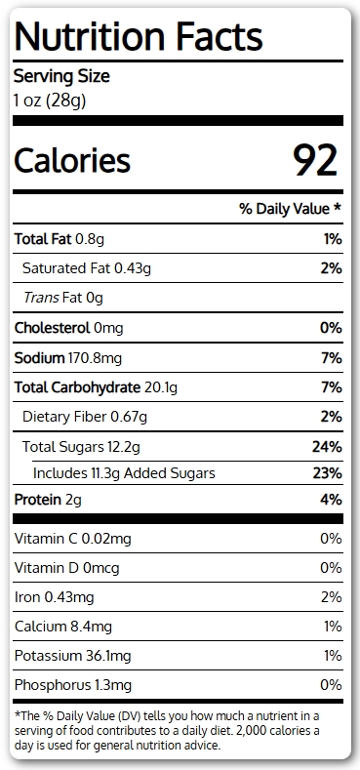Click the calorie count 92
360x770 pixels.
click(x=315, y=160)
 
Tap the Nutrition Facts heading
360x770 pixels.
click(x=138, y=36)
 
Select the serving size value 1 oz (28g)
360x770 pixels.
click(x=49, y=101)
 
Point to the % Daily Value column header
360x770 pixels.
click(x=290, y=209)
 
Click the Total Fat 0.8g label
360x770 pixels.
click(x=59, y=239)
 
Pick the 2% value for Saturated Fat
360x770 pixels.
click(x=331, y=268)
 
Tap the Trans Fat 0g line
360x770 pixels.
click(x=62, y=298)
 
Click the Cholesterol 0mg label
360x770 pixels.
click(x=68, y=328)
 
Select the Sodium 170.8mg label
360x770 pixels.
click(x=67, y=358)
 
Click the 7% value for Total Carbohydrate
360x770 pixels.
click(x=332, y=387)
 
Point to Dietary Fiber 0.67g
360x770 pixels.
click(x=85, y=417)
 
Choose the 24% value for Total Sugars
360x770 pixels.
click(x=327, y=447)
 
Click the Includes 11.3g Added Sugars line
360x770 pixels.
click(x=124, y=473)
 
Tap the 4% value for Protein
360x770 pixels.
click(x=332, y=500)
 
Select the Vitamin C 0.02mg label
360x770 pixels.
click(x=73, y=540)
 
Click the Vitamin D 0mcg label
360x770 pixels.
click(x=66, y=568)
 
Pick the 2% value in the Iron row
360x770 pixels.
click(x=332, y=597)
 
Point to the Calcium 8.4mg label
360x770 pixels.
click(x=63, y=627)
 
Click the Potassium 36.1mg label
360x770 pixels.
click(x=73, y=656)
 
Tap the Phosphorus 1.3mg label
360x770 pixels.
click(x=73, y=685)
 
